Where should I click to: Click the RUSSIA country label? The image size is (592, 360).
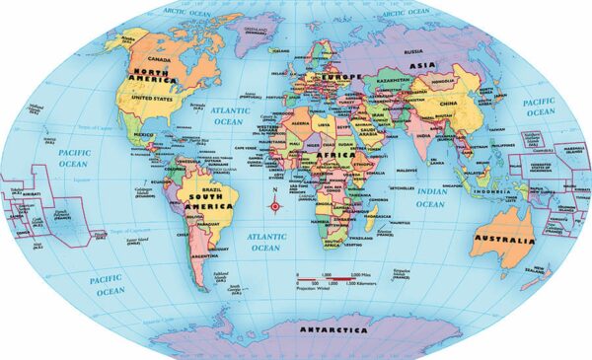(414, 51)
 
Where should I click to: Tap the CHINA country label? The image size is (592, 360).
(448, 102)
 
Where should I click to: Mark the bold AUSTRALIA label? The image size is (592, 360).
(504, 239)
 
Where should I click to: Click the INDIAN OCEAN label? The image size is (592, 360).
(430, 198)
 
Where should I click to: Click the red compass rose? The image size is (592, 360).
(275, 205)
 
